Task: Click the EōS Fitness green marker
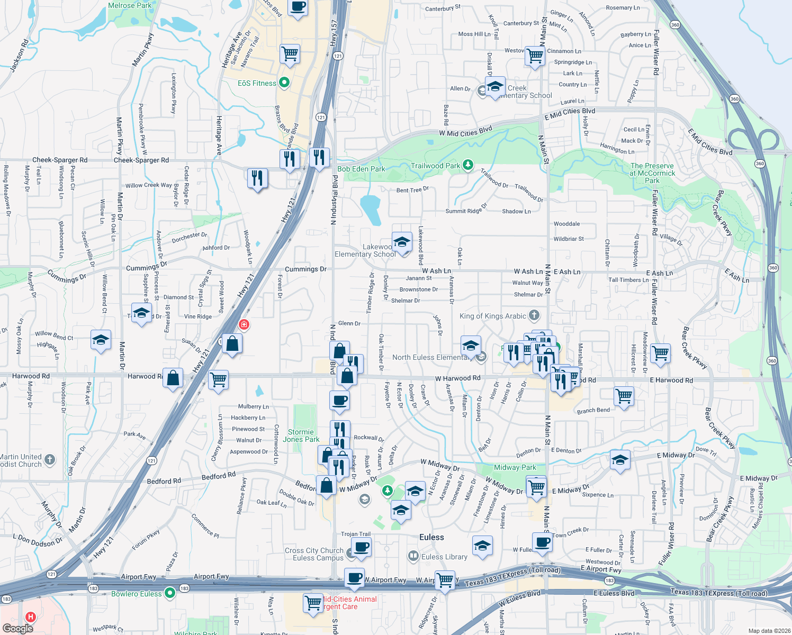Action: tap(284, 83)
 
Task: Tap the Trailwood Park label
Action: tap(435, 166)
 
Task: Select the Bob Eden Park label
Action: tap(361, 169)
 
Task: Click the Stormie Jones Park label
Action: tap(301, 436)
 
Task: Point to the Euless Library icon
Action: tap(413, 556)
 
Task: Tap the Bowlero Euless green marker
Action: tap(170, 593)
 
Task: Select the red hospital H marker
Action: tap(31, 616)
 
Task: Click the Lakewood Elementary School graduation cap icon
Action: tap(402, 243)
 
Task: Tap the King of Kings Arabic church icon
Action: tap(534, 315)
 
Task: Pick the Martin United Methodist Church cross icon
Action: tap(50, 459)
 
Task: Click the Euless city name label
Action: tap(431, 537)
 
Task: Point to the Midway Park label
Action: tap(515, 467)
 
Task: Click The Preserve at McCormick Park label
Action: tap(652, 173)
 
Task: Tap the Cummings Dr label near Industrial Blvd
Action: tap(305, 269)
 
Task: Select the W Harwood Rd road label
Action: tap(457, 378)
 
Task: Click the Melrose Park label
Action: tap(130, 5)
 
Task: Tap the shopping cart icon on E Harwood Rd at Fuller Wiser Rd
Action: tap(660, 353)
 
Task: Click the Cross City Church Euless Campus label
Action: tap(314, 554)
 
